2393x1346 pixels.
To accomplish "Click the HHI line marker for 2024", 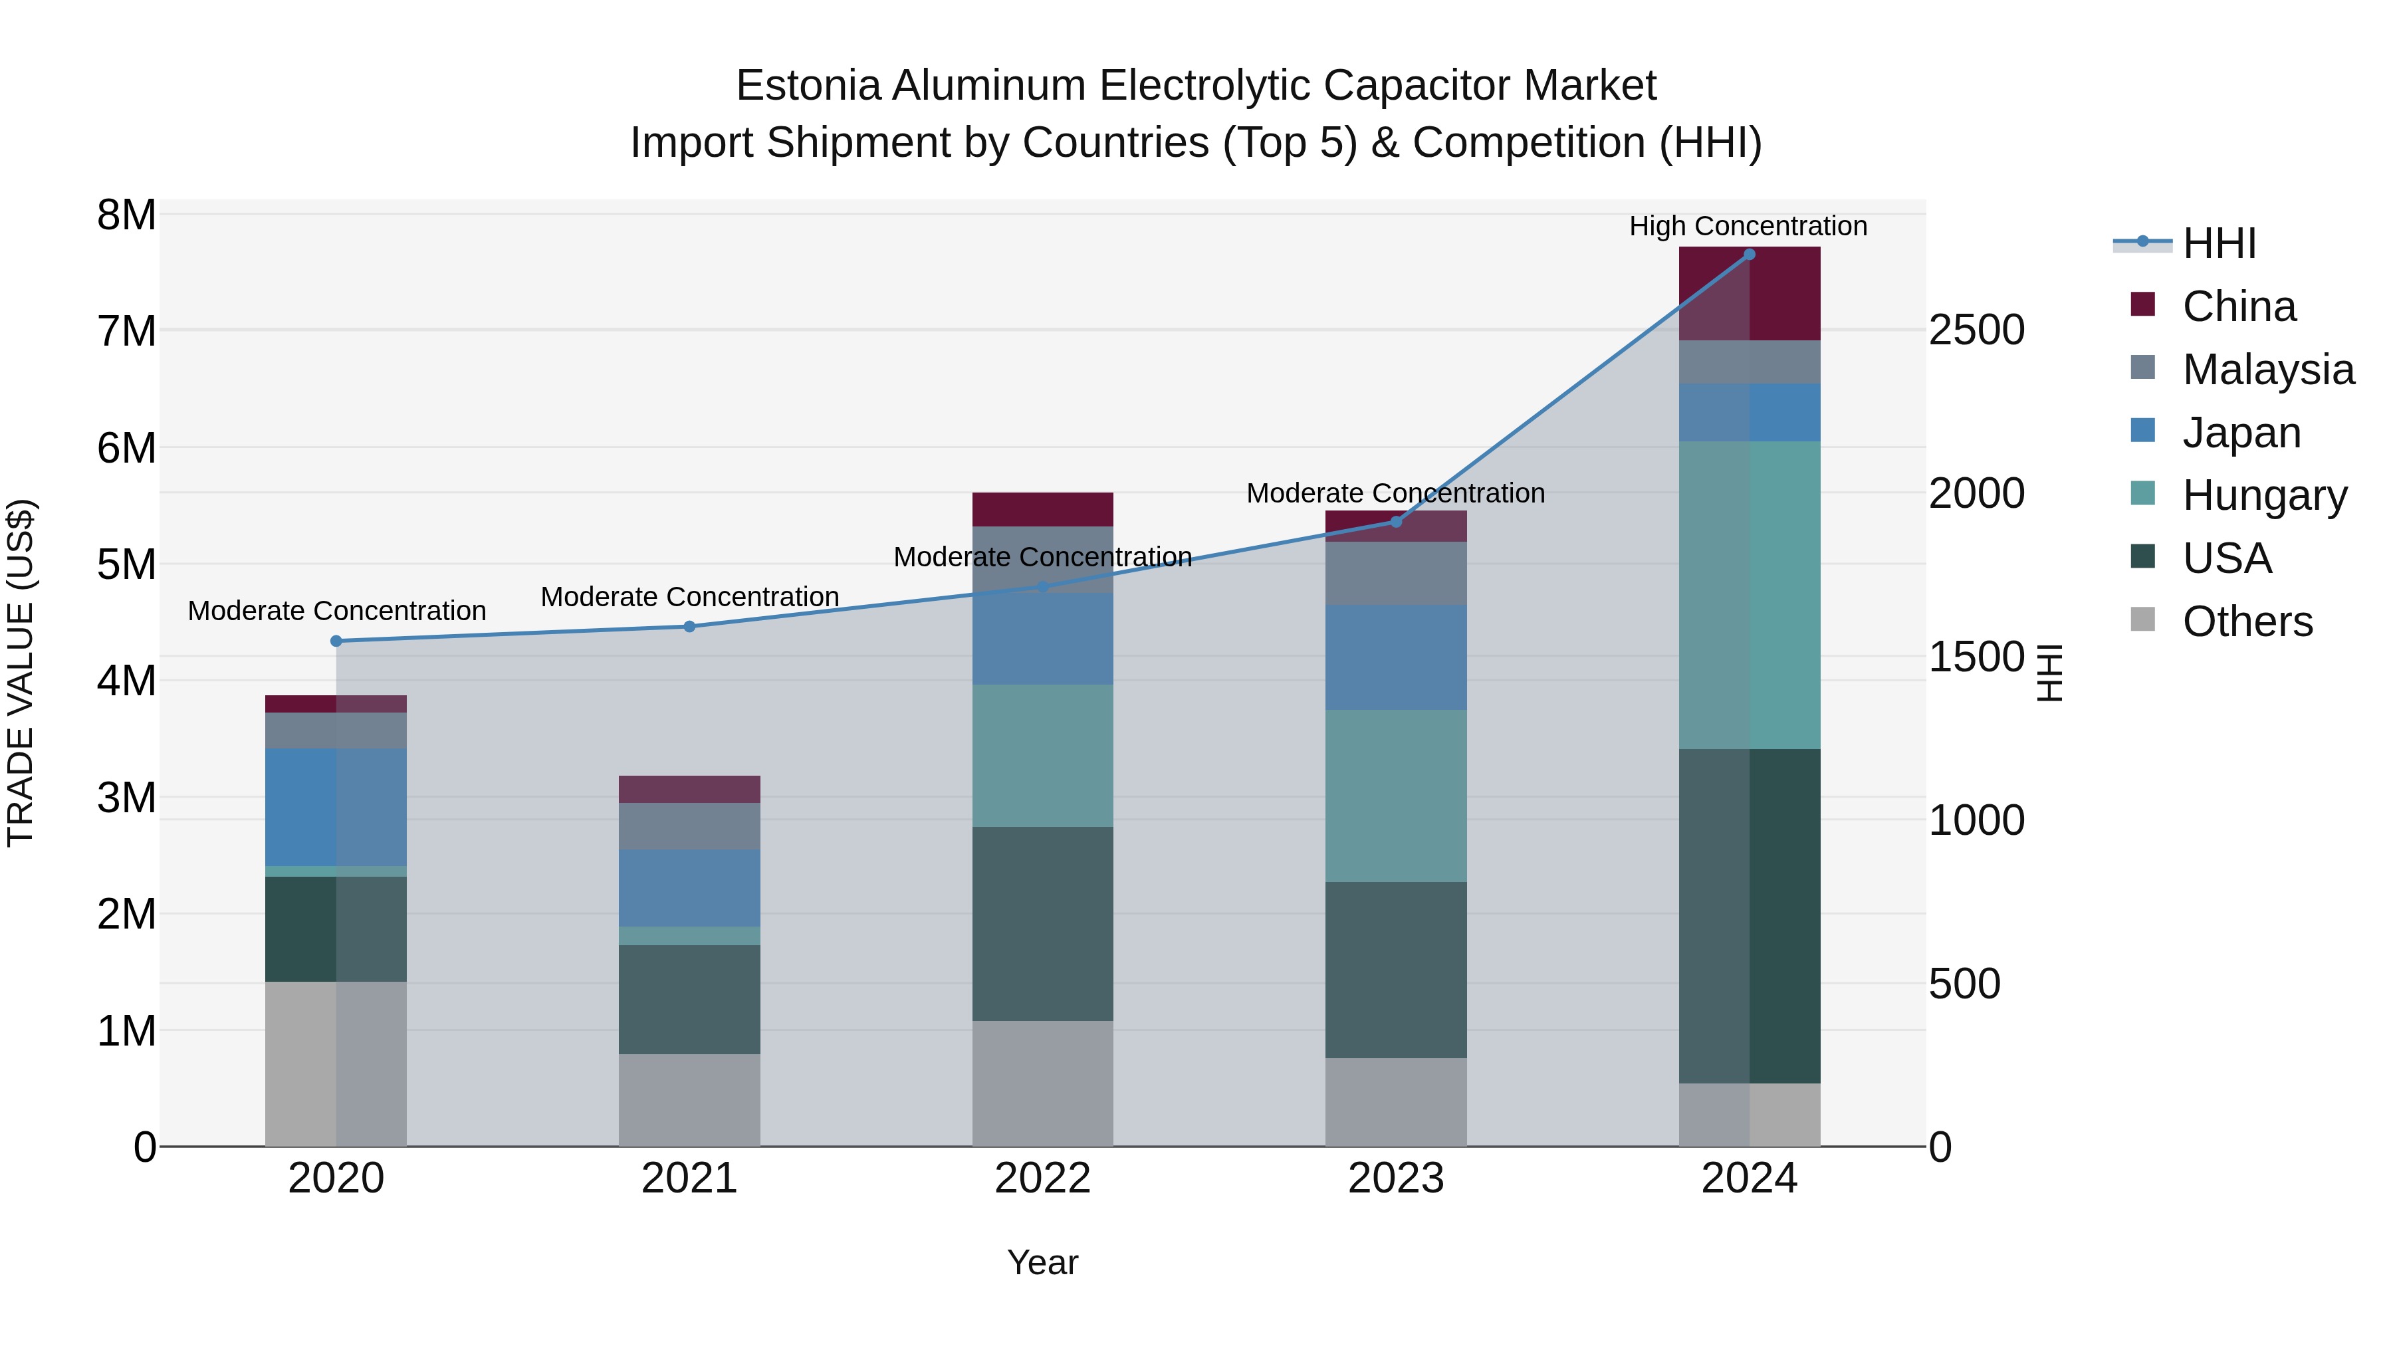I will (1750, 255).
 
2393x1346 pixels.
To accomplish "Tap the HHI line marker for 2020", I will (336, 641).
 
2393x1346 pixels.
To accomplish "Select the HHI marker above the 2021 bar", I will (689, 627).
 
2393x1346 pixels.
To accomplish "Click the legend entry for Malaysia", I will (2267, 370).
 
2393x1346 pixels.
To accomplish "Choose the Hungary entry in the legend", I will (2264, 496).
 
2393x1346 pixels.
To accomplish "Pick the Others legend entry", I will (2247, 621).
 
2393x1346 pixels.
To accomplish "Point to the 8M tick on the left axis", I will (126, 215).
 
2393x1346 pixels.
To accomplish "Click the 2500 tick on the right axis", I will (1977, 331).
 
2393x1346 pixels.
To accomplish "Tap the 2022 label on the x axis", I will (1042, 1178).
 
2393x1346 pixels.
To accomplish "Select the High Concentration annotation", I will (1748, 227).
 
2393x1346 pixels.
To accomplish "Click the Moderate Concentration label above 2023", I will (1395, 493).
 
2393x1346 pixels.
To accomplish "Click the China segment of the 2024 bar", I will (1750, 294).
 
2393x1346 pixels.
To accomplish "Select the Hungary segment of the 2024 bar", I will (1750, 594).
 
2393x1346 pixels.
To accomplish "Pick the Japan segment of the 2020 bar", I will (336, 806).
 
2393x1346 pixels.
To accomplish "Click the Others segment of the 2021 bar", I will (689, 1100).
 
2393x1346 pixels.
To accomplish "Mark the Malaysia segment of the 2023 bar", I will (1395, 573).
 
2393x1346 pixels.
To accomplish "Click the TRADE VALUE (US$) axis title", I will (21, 673).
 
